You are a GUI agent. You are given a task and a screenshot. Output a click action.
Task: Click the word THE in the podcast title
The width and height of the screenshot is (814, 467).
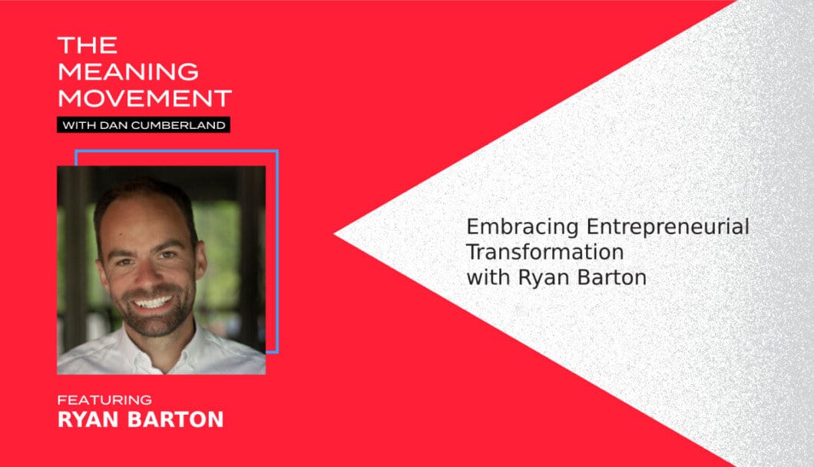pos(88,45)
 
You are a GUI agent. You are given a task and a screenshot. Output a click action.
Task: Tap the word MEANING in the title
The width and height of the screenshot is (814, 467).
pos(128,71)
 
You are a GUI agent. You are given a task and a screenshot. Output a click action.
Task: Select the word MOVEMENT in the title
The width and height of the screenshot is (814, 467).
pos(144,98)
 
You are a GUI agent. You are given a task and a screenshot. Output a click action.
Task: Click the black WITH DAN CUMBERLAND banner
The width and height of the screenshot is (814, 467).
pos(144,124)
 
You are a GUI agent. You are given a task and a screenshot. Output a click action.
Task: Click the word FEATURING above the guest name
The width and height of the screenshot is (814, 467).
pos(104,400)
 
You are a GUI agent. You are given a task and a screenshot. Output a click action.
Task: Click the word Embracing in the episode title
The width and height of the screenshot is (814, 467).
pos(522,227)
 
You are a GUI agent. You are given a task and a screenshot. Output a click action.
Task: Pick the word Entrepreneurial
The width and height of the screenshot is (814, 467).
pos(667,227)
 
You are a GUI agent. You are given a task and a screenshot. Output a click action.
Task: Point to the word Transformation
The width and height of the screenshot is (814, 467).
pos(544,253)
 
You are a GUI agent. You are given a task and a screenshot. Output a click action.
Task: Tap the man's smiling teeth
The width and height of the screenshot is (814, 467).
pos(152,302)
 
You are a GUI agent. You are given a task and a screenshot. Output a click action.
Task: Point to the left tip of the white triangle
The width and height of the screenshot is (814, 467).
pos(334,234)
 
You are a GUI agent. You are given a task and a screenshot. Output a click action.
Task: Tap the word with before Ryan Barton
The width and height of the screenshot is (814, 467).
pos(488,277)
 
